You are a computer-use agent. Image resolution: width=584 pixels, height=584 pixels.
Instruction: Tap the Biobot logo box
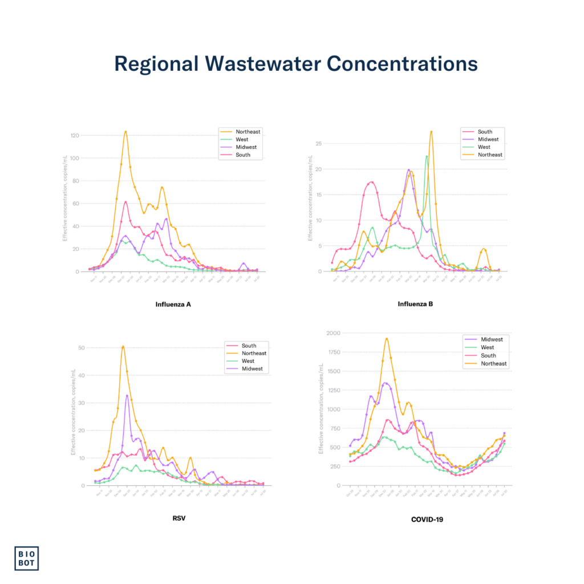coord(30,558)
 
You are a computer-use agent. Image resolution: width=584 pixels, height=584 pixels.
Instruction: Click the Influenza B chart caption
coord(415,304)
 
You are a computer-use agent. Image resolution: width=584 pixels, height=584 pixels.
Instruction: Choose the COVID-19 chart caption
coord(427,519)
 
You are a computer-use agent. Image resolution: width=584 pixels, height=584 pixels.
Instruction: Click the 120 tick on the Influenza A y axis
coord(75,136)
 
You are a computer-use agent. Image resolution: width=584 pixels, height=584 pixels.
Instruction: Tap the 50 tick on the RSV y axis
coord(82,348)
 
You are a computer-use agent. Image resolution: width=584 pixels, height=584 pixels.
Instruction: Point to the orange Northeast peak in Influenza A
coord(125,132)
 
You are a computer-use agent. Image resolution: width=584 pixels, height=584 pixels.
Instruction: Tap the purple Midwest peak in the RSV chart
coord(127,395)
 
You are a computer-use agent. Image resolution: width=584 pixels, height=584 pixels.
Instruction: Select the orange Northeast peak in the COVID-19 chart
coord(387,339)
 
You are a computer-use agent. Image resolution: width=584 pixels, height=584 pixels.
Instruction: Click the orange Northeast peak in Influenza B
coord(431,132)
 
